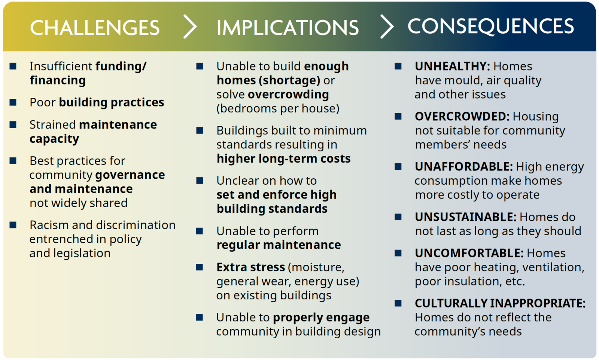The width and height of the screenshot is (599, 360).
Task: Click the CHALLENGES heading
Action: [x=95, y=28]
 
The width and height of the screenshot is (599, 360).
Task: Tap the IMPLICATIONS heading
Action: [x=287, y=28]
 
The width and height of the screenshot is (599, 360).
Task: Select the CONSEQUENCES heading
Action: [x=490, y=26]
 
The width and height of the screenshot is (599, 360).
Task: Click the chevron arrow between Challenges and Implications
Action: [x=190, y=27]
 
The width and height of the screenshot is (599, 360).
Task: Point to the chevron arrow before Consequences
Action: [x=387, y=27]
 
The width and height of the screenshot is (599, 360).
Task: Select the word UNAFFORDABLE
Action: [x=463, y=167]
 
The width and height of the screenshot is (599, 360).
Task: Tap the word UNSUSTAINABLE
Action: [x=465, y=217]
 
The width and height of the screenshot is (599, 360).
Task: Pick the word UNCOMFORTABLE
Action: [x=469, y=253]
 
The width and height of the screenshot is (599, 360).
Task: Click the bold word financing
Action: [x=58, y=81]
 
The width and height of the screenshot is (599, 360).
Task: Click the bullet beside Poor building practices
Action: [x=13, y=102]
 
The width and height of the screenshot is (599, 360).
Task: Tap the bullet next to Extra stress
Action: [x=200, y=267]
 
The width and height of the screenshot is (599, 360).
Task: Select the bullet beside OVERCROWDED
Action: [x=398, y=117]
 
